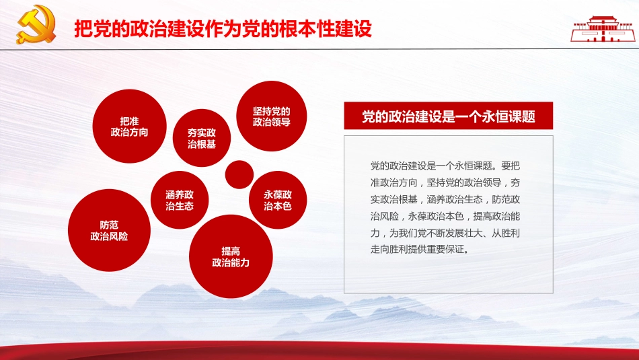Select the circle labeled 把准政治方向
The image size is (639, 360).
(x=129, y=127)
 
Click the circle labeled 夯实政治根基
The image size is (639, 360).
(x=201, y=137)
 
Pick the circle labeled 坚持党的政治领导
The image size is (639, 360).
(x=271, y=116)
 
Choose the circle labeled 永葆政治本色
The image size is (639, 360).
(x=278, y=200)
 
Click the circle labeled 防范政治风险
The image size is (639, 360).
(x=109, y=229)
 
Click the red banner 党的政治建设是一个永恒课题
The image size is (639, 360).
(x=448, y=116)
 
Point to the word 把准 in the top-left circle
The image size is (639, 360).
(x=129, y=120)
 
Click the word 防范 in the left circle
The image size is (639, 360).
(x=109, y=224)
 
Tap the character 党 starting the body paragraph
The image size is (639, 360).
(x=375, y=165)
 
